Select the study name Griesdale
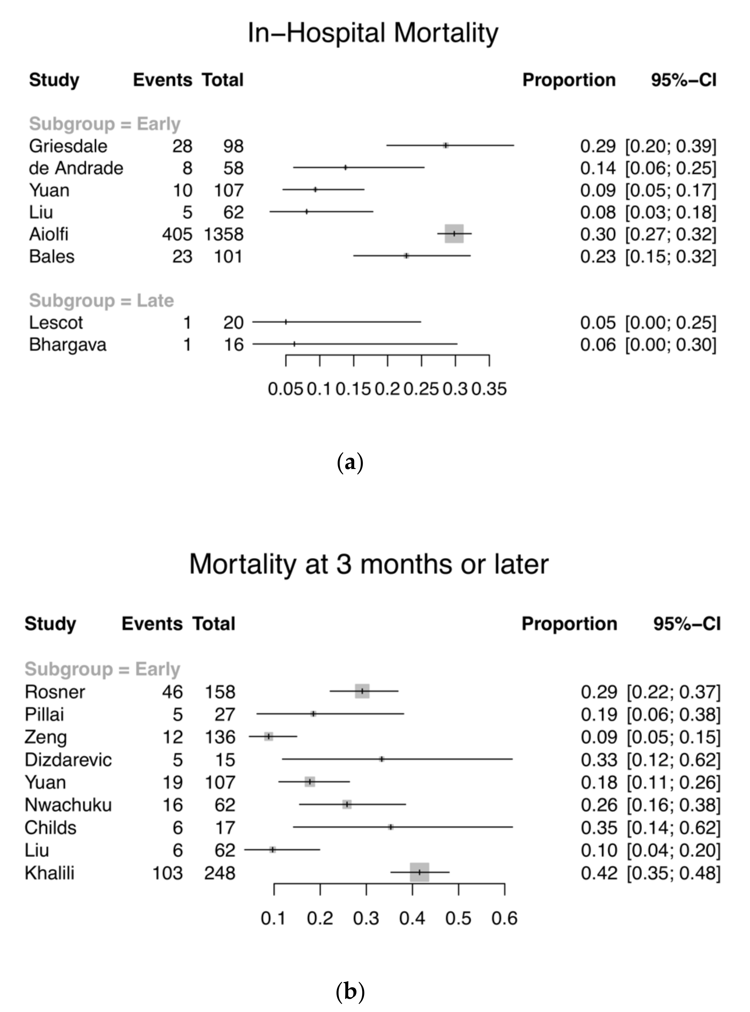68,146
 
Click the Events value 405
177,234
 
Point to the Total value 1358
223,234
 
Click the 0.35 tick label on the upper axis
489,389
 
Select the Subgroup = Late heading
101,301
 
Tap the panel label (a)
350,463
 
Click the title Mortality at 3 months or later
369,564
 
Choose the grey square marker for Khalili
420,872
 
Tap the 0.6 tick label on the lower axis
504,918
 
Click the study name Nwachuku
68,804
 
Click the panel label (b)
350,992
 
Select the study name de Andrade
76,168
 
